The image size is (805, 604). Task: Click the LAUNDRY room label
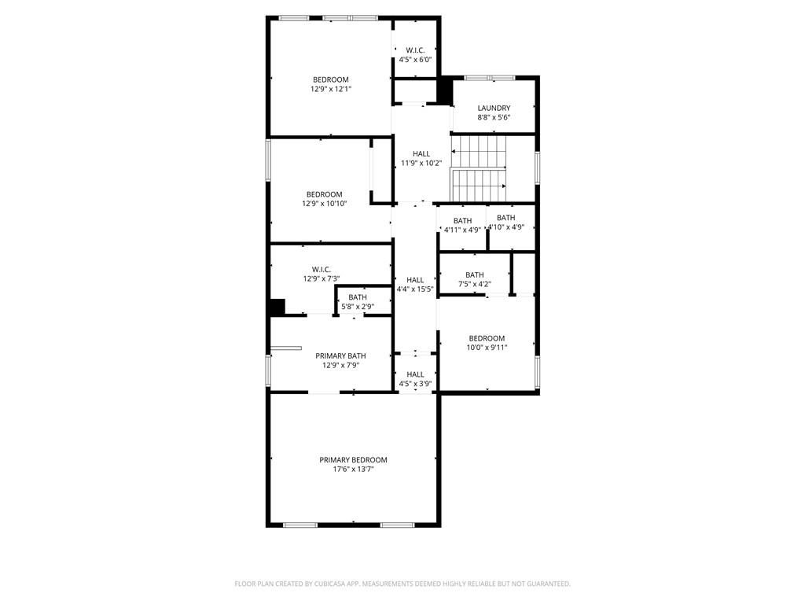[x=494, y=108]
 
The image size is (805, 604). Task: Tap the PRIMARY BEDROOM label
[x=353, y=460]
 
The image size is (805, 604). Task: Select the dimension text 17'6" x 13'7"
[x=353, y=470]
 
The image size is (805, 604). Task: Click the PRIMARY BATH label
[x=340, y=355]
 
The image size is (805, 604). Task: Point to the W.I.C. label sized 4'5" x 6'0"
[x=415, y=50]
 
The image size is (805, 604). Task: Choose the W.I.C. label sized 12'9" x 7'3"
[x=321, y=269]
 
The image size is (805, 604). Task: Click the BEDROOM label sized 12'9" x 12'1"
[x=330, y=79]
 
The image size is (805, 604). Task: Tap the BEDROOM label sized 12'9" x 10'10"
[x=324, y=194]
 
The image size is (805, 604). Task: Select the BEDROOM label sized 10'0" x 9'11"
[x=487, y=338]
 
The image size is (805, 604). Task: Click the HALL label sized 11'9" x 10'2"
[x=421, y=153]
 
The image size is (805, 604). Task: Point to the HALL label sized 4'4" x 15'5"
[x=415, y=279]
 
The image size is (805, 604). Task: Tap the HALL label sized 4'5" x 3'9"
[x=415, y=374]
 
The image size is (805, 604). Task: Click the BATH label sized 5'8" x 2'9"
[x=358, y=297]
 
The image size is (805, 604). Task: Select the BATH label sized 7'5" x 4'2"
[x=474, y=274]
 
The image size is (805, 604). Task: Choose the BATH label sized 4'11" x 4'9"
[x=462, y=221]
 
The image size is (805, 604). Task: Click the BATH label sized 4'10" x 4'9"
[x=505, y=218]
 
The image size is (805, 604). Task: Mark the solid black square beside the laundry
[x=445, y=90]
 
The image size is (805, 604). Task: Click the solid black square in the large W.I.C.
[x=277, y=308]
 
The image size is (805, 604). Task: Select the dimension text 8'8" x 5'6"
[x=494, y=117]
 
